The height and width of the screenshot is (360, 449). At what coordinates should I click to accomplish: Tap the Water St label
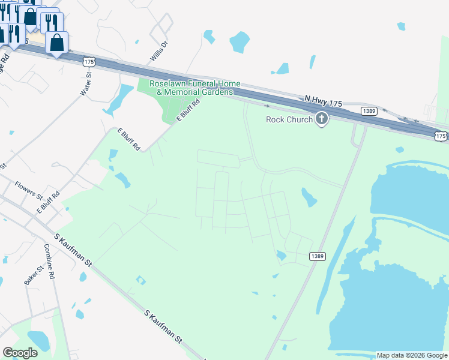coord(85,85)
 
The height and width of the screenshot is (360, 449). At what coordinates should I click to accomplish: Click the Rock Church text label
coord(289,119)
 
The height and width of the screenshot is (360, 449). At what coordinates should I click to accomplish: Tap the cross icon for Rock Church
coord(322,119)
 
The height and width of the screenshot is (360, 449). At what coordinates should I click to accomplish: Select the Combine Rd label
coord(50,261)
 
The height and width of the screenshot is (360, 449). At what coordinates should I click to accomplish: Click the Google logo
coord(20,353)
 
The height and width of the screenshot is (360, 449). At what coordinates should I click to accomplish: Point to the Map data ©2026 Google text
coord(412,355)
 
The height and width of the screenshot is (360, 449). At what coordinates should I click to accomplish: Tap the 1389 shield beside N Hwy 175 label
coord(369,111)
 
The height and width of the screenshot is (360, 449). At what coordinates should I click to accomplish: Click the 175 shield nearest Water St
coord(89,61)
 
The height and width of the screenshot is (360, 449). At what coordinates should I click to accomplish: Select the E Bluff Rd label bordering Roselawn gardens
coord(188,112)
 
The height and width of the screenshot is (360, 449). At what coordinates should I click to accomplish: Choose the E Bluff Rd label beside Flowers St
coord(48,202)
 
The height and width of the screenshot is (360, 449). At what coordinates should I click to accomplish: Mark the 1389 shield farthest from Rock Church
coord(318,256)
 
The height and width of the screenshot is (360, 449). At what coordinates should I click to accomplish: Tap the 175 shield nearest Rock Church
coord(441,136)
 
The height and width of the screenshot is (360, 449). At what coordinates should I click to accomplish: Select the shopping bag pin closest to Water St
coord(56,43)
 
